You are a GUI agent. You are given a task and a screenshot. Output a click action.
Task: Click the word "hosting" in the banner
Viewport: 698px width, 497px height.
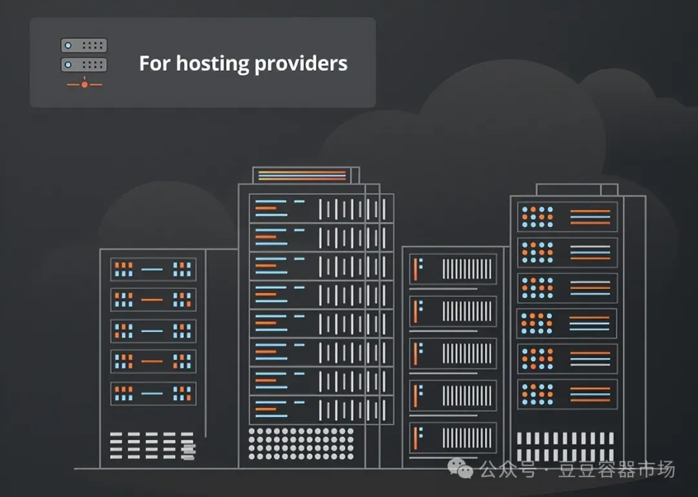(x=212, y=64)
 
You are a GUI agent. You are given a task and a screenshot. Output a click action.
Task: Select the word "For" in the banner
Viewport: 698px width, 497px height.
(x=154, y=64)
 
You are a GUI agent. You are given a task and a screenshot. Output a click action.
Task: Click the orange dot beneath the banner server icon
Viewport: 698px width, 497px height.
(x=84, y=84)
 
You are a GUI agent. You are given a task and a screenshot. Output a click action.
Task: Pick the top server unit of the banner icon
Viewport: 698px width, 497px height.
(x=84, y=45)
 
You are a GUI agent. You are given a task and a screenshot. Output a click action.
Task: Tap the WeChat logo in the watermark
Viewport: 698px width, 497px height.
(x=461, y=469)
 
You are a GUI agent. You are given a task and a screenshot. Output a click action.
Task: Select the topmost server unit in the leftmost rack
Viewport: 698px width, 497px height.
(x=153, y=269)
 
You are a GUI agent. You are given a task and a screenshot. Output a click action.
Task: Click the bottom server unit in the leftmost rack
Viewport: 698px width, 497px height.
(x=153, y=393)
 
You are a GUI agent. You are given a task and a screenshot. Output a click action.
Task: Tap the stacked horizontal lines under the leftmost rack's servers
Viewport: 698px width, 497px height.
(x=152, y=445)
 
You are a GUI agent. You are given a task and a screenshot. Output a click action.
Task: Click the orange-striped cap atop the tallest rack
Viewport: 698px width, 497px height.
(x=302, y=175)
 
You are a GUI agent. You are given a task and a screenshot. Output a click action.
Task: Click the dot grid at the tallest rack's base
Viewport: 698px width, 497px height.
(x=301, y=443)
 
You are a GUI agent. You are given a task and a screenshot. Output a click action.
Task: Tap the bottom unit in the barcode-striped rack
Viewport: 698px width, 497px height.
(x=452, y=438)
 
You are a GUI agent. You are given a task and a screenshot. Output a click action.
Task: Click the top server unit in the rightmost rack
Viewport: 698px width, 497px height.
(x=567, y=217)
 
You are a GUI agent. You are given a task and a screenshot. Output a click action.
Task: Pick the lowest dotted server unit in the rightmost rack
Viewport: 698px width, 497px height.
(x=567, y=394)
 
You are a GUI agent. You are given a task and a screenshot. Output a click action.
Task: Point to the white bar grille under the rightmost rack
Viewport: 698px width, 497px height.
(x=565, y=446)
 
